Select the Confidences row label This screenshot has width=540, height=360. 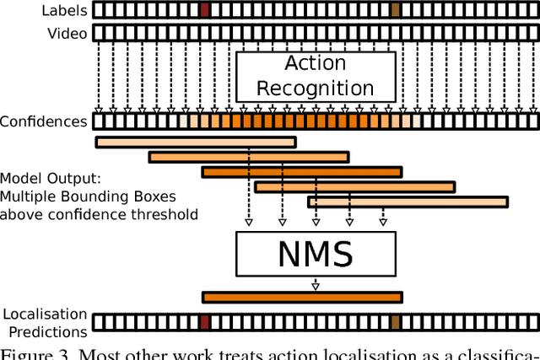[44, 121]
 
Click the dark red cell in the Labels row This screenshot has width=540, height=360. [205, 10]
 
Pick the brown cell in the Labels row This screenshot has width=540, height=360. [396, 10]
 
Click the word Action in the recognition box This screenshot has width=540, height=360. [315, 64]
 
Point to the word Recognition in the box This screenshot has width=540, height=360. [315, 88]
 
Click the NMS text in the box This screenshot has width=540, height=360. [315, 254]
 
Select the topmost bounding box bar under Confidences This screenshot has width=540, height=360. [195, 142]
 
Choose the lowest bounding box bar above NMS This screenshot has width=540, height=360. [408, 202]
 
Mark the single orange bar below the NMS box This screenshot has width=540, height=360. [302, 297]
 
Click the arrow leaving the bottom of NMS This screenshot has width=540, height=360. [316, 284]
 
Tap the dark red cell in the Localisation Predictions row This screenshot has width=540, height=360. [205, 321]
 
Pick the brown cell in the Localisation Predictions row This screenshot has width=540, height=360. [396, 321]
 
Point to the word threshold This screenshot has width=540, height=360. [169, 214]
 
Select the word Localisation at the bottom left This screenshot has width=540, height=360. [44, 314]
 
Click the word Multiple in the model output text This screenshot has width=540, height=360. [24, 196]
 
